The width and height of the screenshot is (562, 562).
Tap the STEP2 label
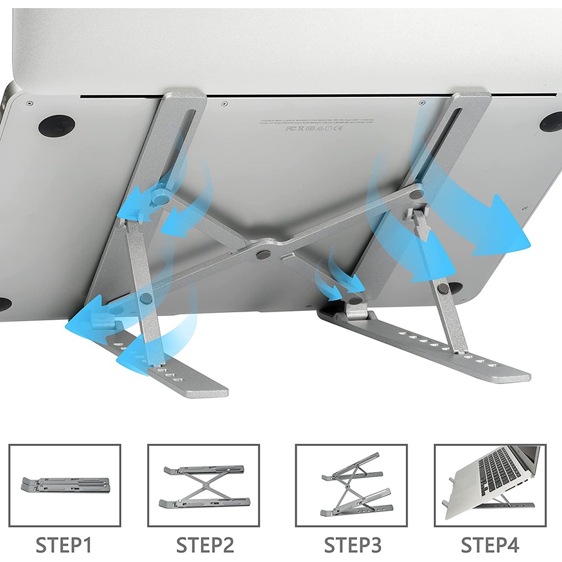pyautogui.click(x=204, y=545)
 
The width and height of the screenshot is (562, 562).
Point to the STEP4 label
pyautogui.click(x=490, y=545)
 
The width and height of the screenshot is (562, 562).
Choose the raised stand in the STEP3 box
pyautogui.click(x=351, y=485)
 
